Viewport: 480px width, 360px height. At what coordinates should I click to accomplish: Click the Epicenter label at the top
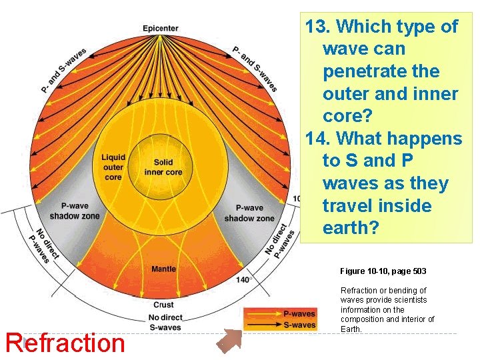161,28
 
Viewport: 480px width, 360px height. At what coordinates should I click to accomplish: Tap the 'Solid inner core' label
163,167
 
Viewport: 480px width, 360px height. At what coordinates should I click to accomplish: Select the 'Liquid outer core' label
113,167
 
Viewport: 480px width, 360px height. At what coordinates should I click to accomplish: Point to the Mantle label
163,269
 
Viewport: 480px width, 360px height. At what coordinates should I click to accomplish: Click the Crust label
163,304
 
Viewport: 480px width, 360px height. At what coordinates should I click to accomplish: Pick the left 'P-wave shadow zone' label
75,212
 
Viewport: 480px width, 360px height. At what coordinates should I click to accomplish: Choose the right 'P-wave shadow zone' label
249,213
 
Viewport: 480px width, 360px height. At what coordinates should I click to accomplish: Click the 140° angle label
243,280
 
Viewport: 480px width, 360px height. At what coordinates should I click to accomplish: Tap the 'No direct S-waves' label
164,322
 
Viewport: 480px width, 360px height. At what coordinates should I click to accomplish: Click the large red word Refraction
65,343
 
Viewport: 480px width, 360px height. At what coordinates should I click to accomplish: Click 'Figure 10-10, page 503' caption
383,271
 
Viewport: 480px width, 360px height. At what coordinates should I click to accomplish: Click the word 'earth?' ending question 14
351,228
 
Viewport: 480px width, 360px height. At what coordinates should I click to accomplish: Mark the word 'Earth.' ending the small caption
352,329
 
